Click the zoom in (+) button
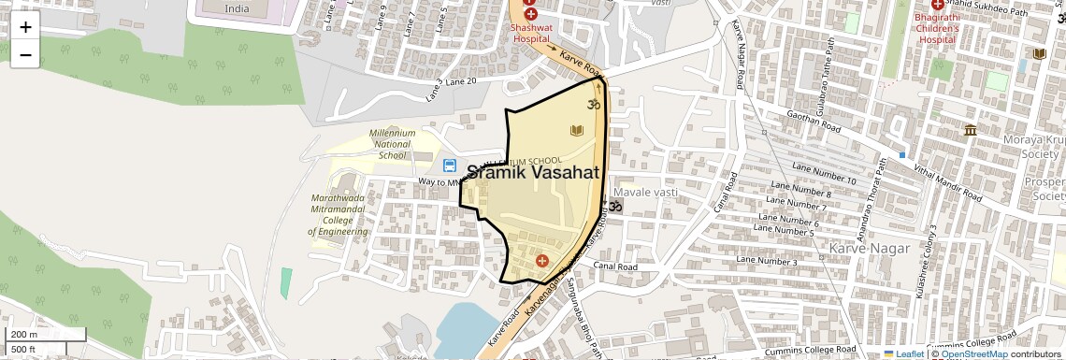25,27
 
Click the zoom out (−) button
25,55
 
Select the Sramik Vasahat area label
533,172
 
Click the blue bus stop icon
450,166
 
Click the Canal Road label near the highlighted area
616,267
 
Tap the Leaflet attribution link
903,354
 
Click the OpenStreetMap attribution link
973,354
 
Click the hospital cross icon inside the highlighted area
542,259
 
